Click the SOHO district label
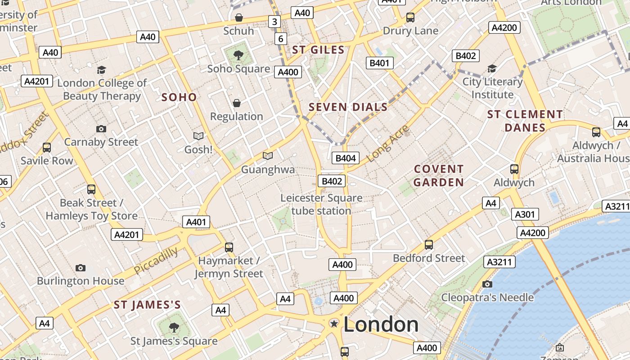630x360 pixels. tap(179, 97)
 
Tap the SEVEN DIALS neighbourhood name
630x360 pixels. tap(348, 107)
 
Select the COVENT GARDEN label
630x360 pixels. tap(439, 175)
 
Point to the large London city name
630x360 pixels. tap(381, 324)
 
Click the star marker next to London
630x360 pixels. tap(334, 323)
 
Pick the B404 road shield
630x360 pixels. tap(346, 158)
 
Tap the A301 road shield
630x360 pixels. tap(525, 214)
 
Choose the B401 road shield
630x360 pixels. tap(379, 63)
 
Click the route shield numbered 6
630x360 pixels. tap(281, 39)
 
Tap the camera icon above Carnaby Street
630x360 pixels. tap(101, 129)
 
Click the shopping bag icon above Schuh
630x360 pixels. tap(239, 18)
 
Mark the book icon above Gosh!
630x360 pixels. tap(198, 135)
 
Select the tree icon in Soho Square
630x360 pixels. tap(238, 55)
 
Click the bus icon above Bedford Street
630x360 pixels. tap(429, 245)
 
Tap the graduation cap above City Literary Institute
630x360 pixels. tap(492, 69)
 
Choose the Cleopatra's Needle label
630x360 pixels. tap(487, 297)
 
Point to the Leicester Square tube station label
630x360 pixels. tap(321, 204)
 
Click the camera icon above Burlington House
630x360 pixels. tap(81, 268)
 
